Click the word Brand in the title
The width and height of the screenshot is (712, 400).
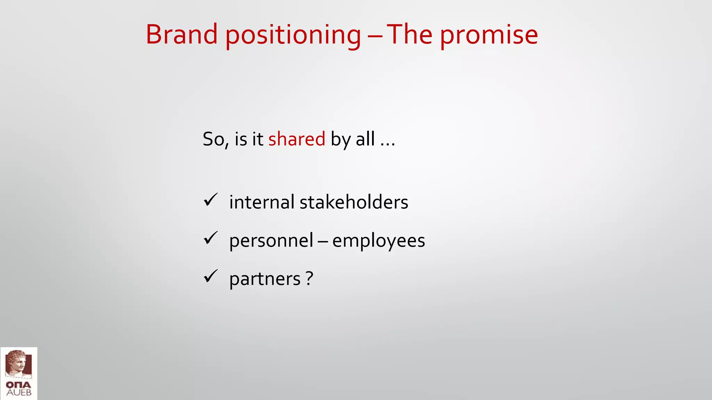(x=181, y=34)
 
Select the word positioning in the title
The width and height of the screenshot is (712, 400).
(x=293, y=35)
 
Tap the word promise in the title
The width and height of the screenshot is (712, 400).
(x=489, y=35)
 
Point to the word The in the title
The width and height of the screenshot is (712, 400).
(x=410, y=34)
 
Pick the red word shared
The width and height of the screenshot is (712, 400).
(x=297, y=139)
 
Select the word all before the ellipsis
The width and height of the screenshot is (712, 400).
(x=365, y=139)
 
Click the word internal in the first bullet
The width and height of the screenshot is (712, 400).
(x=262, y=202)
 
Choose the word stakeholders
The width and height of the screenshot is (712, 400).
(x=354, y=202)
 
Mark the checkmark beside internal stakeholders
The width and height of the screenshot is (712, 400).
(x=211, y=200)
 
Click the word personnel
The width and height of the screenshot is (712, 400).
(x=271, y=241)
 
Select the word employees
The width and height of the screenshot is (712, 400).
(x=379, y=241)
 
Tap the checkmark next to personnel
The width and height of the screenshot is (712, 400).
(x=211, y=238)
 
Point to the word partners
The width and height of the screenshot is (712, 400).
(x=265, y=279)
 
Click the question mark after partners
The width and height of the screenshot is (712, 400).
(x=309, y=278)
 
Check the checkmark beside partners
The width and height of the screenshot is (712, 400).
(x=211, y=276)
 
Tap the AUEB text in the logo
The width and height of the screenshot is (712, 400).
(x=19, y=393)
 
